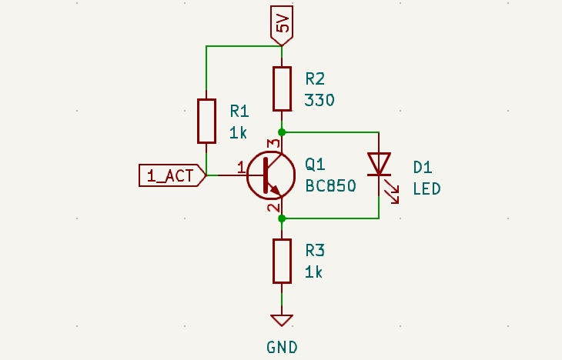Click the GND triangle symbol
pyautogui.click(x=282, y=320)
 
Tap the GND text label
pyautogui.click(x=282, y=347)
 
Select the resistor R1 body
pyautogui.click(x=206, y=121)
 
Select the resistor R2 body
pyautogui.click(x=283, y=88)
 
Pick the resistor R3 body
pyautogui.click(x=283, y=261)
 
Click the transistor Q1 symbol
pyautogui.click(x=270, y=175)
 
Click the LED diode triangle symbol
pyautogui.click(x=379, y=164)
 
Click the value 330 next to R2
pyautogui.click(x=319, y=100)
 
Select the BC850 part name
pyautogui.click(x=330, y=185)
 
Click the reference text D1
pyautogui.click(x=423, y=167)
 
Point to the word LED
pyautogui.click(x=427, y=188)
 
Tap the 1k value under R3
pyautogui.click(x=314, y=272)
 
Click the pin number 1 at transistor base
pyautogui.click(x=241, y=166)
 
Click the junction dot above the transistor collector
pyautogui.click(x=283, y=132)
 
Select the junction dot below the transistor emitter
pyautogui.click(x=283, y=218)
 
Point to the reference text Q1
pyautogui.click(x=315, y=165)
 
